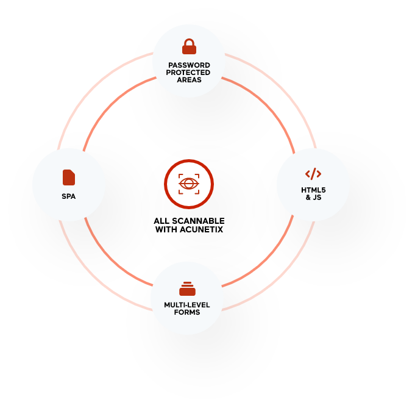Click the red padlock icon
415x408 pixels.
click(x=189, y=46)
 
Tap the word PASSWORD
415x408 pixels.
click(x=190, y=65)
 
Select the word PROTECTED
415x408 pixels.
click(x=188, y=73)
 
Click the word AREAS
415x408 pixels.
click(x=190, y=80)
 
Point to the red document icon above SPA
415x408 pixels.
click(x=69, y=177)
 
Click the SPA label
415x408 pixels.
click(x=69, y=196)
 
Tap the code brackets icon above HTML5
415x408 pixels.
click(x=313, y=174)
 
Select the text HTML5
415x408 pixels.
click(x=313, y=190)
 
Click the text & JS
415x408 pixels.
click(x=313, y=198)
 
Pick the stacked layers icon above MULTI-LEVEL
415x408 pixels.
click(x=187, y=289)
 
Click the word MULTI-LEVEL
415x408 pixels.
click(x=187, y=305)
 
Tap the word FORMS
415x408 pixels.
click(x=187, y=312)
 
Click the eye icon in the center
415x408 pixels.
click(x=189, y=184)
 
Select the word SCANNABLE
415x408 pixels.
click(x=199, y=221)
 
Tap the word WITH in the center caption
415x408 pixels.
click(x=166, y=229)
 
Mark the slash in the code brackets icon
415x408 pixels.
click(x=313, y=174)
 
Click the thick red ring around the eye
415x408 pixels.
click(x=189, y=160)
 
